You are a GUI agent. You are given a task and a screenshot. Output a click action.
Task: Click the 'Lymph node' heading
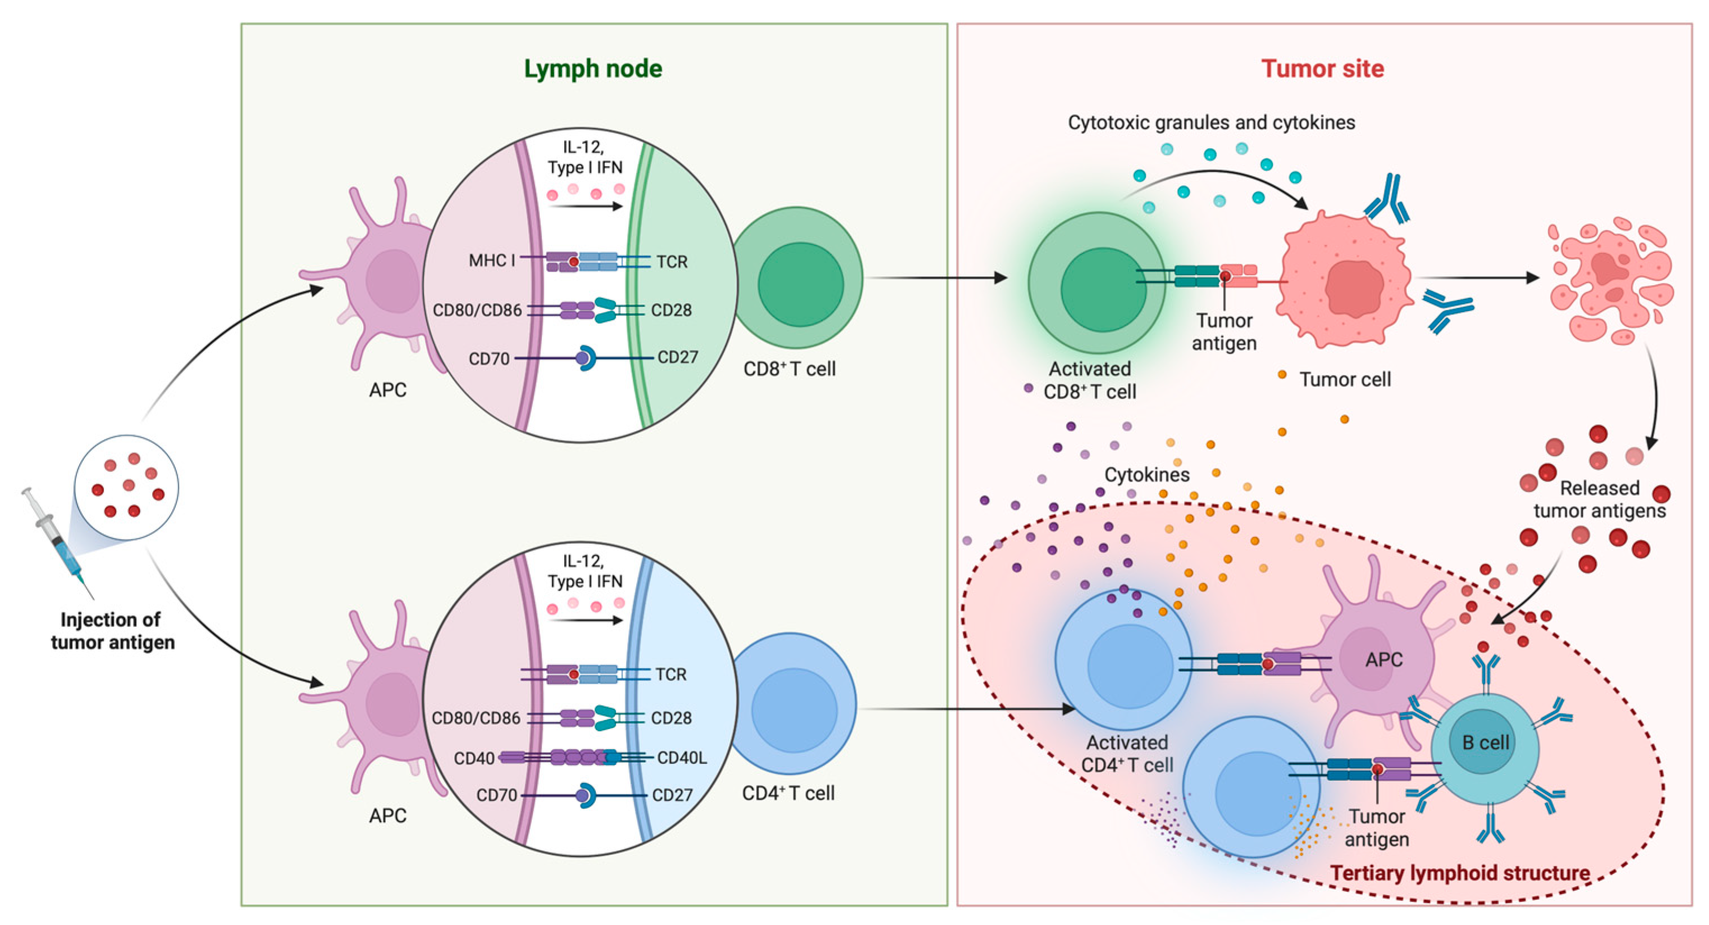592,69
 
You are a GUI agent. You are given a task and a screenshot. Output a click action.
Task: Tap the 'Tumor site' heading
1322,69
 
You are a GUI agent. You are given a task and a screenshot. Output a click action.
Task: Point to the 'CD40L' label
682,757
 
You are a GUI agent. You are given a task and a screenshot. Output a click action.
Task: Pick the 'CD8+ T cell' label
789,369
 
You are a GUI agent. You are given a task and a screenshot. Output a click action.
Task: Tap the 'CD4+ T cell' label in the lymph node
788,793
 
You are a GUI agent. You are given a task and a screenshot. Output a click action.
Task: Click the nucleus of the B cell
1486,742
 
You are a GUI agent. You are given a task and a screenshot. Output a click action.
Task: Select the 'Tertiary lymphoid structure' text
1460,873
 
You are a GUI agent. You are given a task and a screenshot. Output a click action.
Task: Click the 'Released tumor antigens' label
1600,500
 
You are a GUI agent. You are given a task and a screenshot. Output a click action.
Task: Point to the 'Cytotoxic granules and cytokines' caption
1212,123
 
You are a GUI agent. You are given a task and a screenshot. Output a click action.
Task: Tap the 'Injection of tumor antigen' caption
113,630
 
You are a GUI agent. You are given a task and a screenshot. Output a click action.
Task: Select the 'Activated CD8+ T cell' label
1090,380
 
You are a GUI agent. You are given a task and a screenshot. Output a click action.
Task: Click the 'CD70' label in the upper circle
489,359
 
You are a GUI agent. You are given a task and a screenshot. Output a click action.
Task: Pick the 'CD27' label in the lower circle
672,794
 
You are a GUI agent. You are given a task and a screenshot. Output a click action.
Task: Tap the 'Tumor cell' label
1345,379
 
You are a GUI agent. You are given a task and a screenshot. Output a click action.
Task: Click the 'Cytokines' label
1146,475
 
